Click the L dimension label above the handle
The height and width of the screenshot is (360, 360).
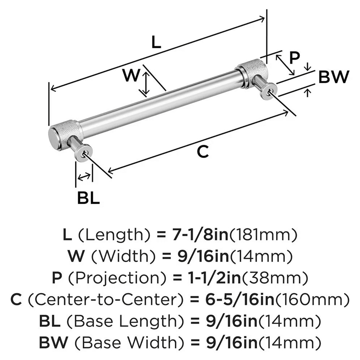click(x=156, y=43)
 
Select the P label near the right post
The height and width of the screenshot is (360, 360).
click(x=294, y=58)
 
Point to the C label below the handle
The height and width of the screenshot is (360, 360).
click(x=203, y=152)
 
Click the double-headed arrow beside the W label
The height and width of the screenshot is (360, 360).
click(x=145, y=84)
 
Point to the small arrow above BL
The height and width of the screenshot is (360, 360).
click(x=84, y=176)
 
